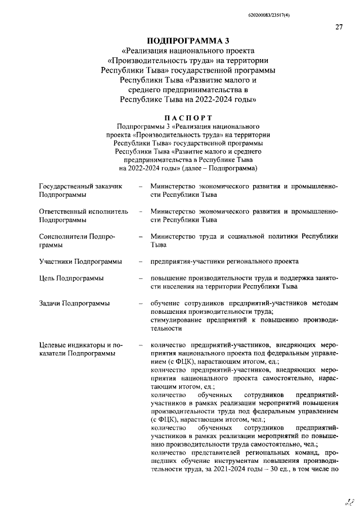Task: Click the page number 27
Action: (339, 27)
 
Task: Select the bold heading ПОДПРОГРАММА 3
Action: (188, 41)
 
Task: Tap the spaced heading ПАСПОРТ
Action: (188, 118)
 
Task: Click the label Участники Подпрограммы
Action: (80, 262)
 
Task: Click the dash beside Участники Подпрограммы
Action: (140, 262)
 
